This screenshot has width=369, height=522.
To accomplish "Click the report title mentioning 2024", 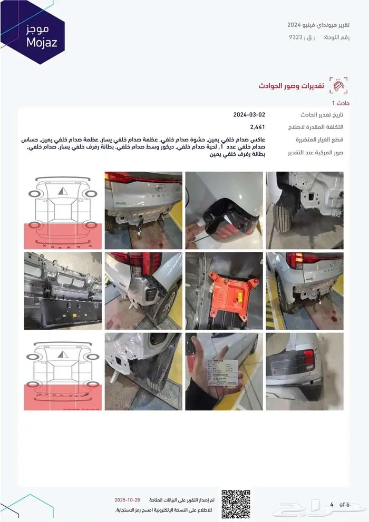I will [x=318, y=25].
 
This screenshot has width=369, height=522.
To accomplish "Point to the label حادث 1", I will [x=341, y=103].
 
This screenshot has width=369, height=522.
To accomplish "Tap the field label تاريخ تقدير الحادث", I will [x=322, y=115].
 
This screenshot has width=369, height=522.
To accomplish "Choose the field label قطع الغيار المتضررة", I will [x=319, y=140].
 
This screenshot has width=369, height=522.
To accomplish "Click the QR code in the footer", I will [x=235, y=504].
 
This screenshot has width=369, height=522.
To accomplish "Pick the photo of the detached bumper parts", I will [x=63, y=291].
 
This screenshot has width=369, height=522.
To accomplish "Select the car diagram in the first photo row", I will [x=63, y=210].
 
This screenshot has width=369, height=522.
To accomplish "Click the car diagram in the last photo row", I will [x=63, y=371].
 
